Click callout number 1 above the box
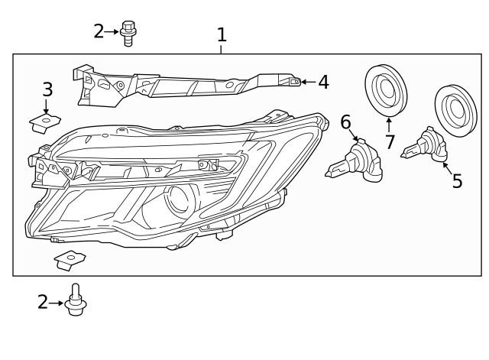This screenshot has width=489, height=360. pos(222,34)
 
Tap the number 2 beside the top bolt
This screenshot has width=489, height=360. pos(99,31)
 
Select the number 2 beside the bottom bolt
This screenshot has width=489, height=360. pos(43,303)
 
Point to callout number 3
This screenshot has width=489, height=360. pos(47,89)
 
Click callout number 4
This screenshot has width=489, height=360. pos(323,82)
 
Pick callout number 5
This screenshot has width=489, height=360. pos(457,181)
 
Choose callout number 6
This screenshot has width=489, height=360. pos(345,122)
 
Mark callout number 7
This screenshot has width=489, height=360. pos(390,141)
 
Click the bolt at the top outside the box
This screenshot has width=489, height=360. pos(128,33)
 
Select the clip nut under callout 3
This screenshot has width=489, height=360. pos(47,120)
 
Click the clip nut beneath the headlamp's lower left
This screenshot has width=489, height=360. pos(70,261)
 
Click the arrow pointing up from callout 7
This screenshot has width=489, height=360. pos(389,125)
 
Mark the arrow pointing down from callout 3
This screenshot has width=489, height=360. pos(47,105)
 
